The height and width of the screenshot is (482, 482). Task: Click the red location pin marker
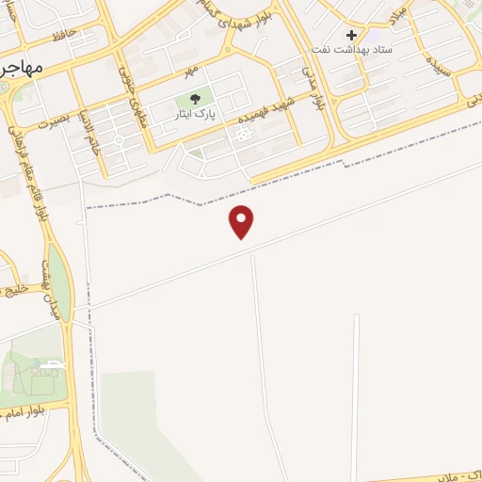242,220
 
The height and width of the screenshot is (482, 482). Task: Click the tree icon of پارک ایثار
195,100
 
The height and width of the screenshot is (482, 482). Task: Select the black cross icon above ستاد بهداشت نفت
351,35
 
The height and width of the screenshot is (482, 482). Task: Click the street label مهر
191,71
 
